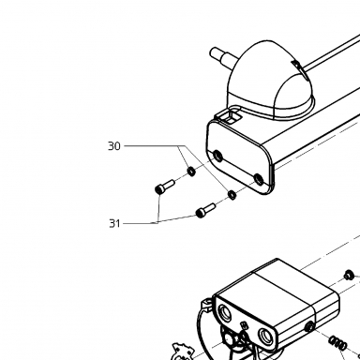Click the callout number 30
(x=114, y=146)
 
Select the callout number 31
(x=114, y=223)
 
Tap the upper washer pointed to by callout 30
(x=191, y=172)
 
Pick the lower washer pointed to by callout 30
(x=232, y=195)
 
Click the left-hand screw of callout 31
(x=164, y=186)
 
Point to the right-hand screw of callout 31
(x=205, y=210)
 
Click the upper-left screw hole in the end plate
(x=217, y=156)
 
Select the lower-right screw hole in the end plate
(x=259, y=179)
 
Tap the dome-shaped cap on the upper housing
(x=269, y=81)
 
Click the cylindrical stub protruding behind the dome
(x=223, y=57)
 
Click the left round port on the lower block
(x=225, y=312)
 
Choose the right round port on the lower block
(x=266, y=336)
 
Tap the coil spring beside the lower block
(x=337, y=342)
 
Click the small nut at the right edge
(x=349, y=275)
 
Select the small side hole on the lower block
(x=309, y=327)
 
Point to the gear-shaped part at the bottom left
(x=183, y=352)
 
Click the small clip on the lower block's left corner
(x=206, y=305)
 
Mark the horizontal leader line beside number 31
(x=141, y=223)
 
